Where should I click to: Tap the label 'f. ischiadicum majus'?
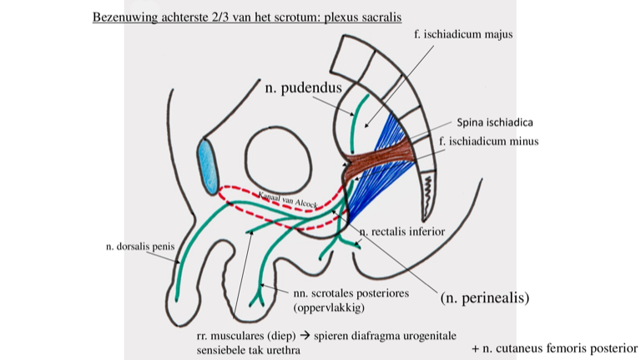(462, 35)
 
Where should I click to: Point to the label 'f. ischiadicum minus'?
(488, 142)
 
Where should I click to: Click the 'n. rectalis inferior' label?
(402, 231)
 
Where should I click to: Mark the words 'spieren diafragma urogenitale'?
(385, 336)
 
